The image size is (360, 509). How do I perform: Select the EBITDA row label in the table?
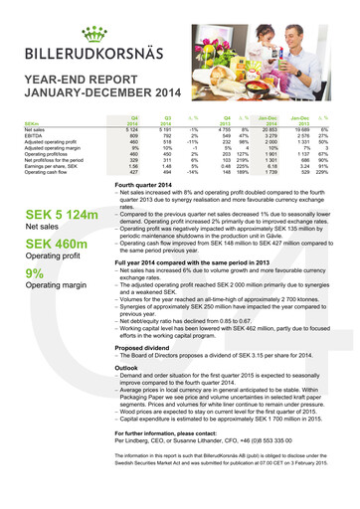click(x=34, y=135)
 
